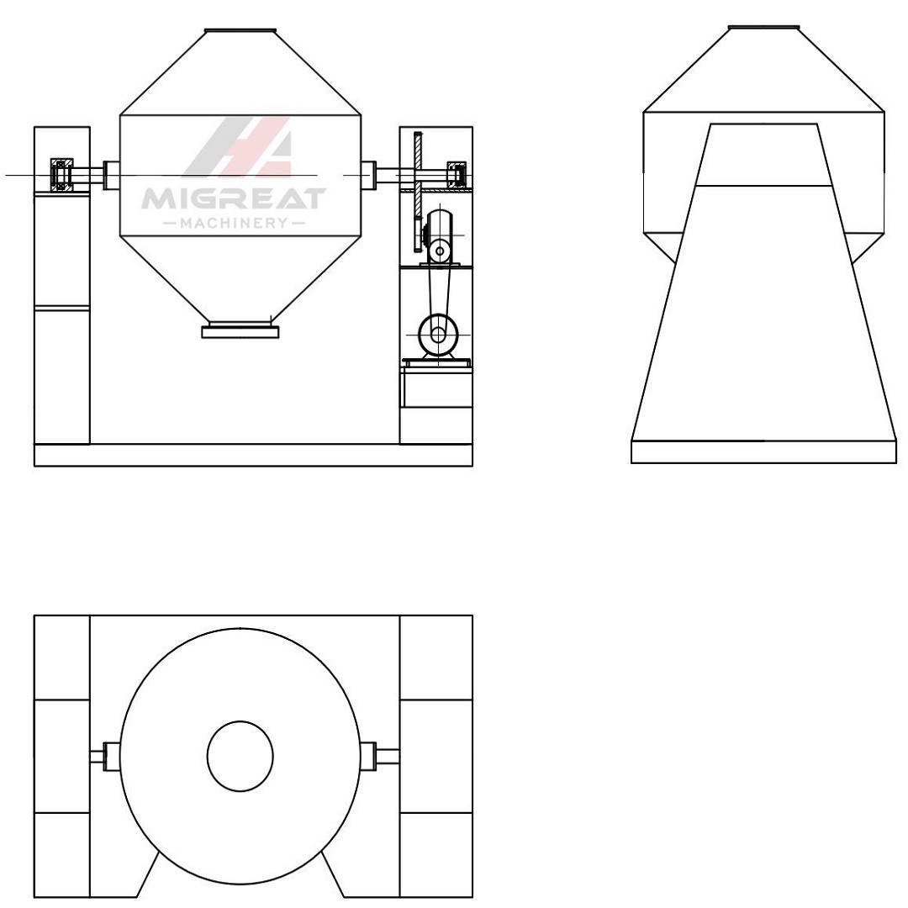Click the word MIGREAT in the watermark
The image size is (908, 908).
234,198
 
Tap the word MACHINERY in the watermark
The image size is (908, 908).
234,224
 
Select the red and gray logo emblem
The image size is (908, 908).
238,145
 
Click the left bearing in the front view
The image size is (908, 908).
61,174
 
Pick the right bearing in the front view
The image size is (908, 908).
458,174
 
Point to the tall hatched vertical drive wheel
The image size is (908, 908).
418,191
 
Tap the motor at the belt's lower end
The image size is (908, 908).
438,335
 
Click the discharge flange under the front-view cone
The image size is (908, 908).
240,332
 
